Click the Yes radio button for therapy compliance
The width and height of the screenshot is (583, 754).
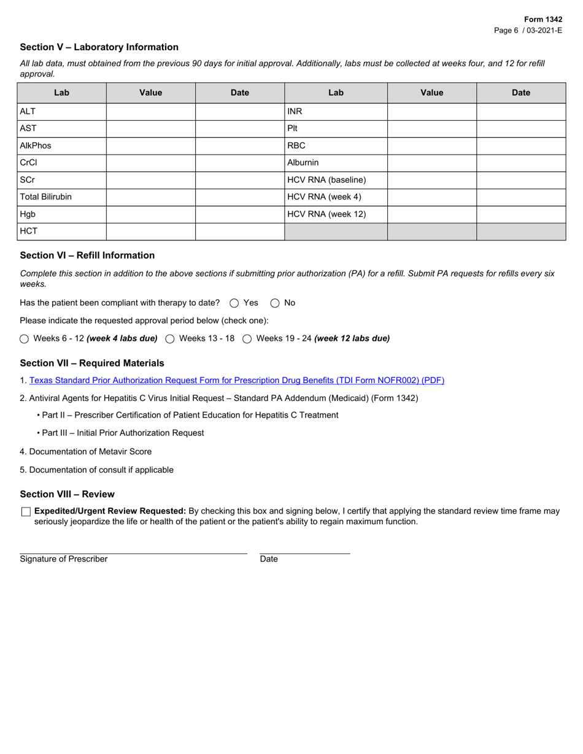(x=234, y=303)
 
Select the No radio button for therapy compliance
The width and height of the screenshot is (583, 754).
(x=275, y=303)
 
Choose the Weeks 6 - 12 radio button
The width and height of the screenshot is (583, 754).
(x=25, y=339)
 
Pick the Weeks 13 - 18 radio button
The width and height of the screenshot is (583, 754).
(x=170, y=339)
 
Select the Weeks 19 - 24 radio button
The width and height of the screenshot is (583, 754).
(x=247, y=339)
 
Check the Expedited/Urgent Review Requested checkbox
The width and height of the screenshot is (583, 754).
(x=26, y=512)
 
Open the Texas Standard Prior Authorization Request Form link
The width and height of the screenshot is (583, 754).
(x=236, y=381)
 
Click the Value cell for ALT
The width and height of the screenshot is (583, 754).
(x=150, y=112)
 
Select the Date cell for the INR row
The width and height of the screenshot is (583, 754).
(x=521, y=112)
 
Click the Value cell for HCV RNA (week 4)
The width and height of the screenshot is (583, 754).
(x=431, y=197)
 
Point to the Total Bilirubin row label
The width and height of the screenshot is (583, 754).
(x=46, y=197)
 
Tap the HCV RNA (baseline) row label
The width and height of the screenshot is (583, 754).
(x=326, y=180)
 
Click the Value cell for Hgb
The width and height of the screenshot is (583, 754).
(x=150, y=215)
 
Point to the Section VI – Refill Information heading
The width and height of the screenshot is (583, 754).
(x=87, y=256)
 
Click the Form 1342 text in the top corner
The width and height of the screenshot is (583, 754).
(x=542, y=20)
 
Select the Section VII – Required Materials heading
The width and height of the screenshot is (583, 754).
(x=92, y=363)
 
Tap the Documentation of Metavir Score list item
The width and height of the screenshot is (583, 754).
(x=86, y=452)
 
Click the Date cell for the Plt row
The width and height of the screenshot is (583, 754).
(x=521, y=129)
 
